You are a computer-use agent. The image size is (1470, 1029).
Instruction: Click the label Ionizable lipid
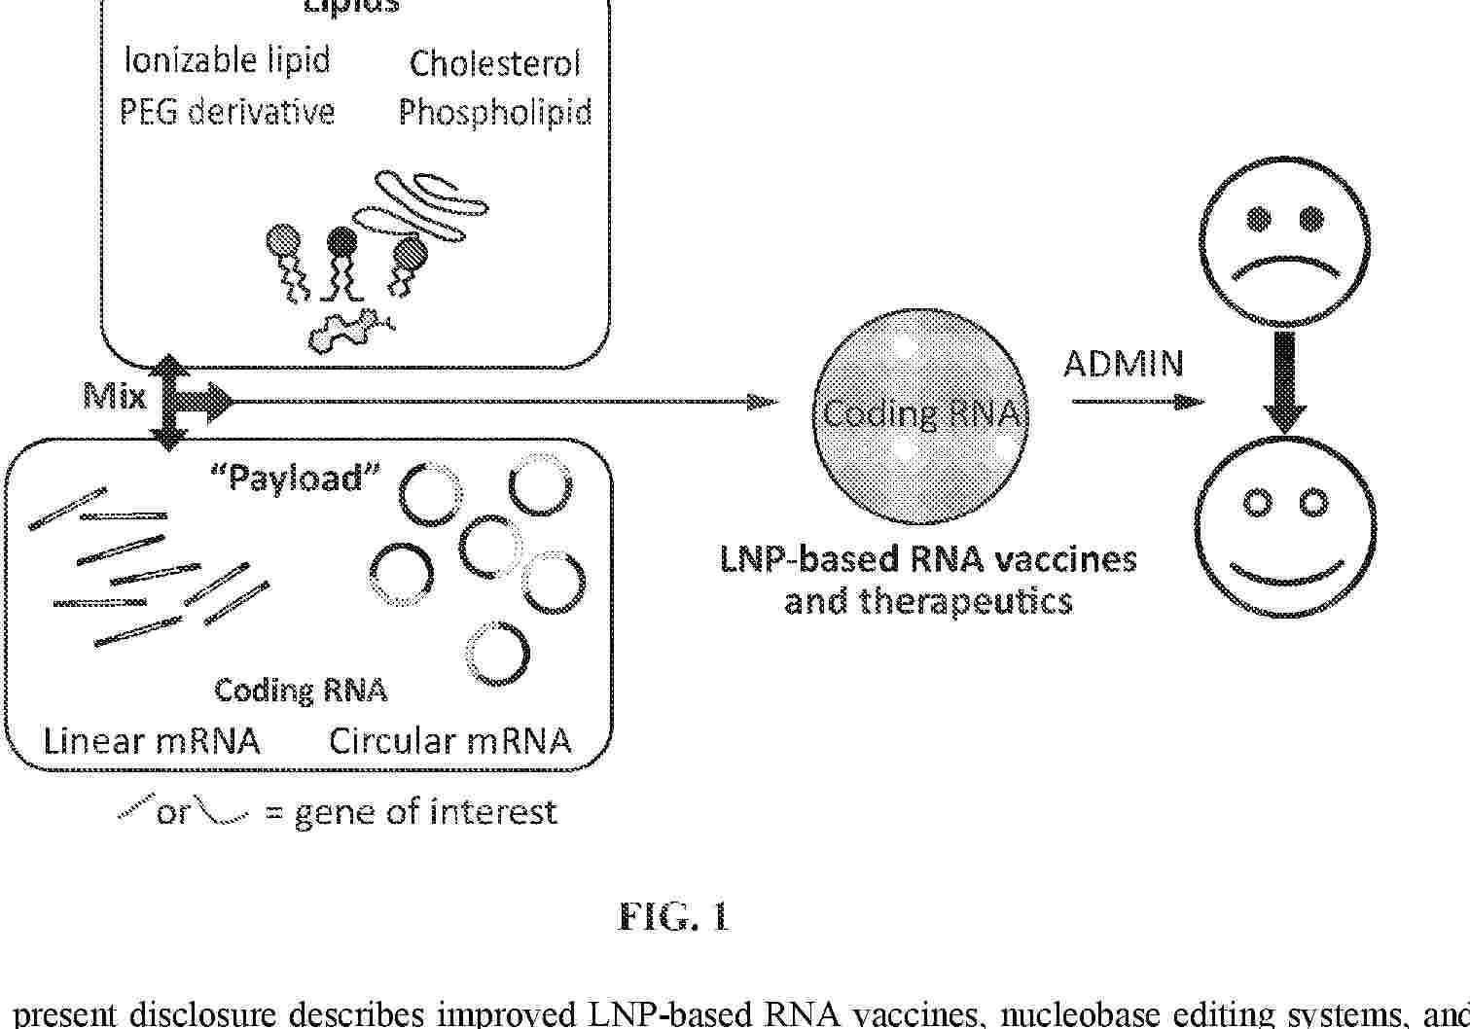coord(227,60)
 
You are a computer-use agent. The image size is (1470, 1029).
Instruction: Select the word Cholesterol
coord(494,63)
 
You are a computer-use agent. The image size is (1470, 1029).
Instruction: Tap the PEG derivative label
coord(227,112)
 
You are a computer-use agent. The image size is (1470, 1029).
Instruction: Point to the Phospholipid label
coord(495,113)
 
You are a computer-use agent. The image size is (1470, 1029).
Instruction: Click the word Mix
coord(115,396)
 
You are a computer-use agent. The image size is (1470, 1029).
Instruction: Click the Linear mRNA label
coord(152,741)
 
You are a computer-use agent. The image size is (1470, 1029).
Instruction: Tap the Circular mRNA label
coord(449,741)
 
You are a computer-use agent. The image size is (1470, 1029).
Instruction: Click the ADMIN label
coord(1124,364)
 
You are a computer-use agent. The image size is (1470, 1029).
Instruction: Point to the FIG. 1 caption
coord(673,917)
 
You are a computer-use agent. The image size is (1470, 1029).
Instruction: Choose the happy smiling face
coord(1284,529)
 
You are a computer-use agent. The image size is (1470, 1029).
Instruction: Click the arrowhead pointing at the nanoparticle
coord(765,401)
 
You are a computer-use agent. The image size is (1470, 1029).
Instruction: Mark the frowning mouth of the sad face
coord(1284,265)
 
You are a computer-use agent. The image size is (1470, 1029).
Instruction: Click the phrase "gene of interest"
coord(425,811)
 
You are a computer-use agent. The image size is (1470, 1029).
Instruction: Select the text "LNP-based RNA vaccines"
coord(928,559)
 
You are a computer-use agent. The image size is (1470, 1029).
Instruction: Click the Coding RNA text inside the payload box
coord(301,690)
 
